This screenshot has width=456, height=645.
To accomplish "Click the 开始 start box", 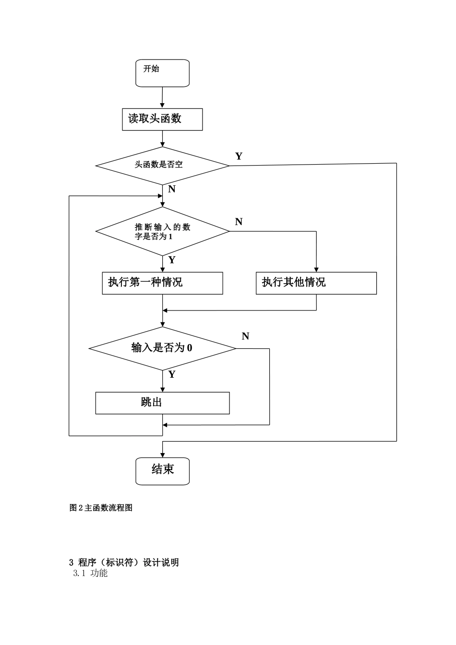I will click(162, 73).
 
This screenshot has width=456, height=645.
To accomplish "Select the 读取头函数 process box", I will click(162, 119).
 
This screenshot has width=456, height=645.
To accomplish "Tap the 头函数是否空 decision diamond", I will click(162, 165).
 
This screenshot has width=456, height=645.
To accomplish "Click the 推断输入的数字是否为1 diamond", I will click(162, 231).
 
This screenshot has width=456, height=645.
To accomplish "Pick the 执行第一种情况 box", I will click(162, 283).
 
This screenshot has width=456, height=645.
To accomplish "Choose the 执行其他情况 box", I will click(316, 283).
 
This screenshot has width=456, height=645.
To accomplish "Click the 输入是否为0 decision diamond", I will click(162, 348).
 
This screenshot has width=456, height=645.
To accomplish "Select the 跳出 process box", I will click(162, 403).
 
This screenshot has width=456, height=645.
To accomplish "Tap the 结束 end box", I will click(162, 471).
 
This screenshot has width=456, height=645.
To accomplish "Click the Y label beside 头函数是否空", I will click(239, 156).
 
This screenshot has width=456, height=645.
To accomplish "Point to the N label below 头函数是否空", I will click(172, 189).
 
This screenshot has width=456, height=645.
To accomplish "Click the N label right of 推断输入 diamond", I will click(239, 222).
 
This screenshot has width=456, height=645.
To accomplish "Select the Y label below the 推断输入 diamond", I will click(172, 260).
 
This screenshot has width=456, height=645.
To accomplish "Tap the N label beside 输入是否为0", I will click(245, 336).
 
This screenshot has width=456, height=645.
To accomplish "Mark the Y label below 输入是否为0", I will click(172, 374).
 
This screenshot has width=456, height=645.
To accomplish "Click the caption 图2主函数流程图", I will click(101, 508).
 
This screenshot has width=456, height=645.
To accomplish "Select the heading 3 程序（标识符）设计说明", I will click(124, 562).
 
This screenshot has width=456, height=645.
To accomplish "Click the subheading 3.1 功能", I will click(90, 573).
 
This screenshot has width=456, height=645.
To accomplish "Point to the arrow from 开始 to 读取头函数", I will click(163, 97).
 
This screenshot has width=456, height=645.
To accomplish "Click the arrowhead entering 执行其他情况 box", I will click(316, 269).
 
